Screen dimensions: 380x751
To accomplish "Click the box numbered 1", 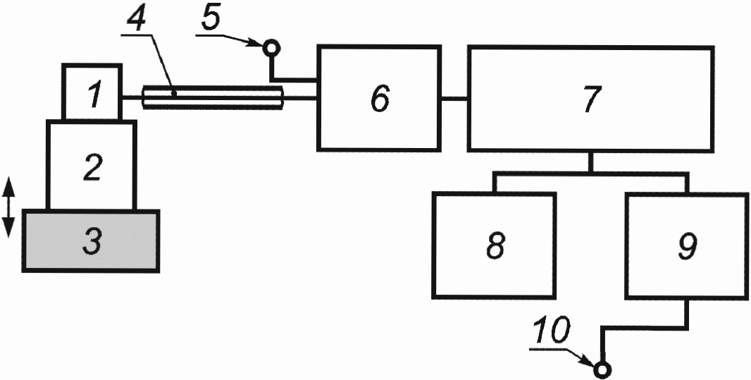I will (92, 92).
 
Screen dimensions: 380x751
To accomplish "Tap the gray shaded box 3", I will (91, 240).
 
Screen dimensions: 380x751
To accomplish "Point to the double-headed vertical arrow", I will (8, 207).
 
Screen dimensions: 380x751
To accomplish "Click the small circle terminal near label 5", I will (271, 48).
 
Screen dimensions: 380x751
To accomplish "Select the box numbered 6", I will (379, 98).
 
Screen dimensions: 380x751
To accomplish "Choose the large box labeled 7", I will (590, 98).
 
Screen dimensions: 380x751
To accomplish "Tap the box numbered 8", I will (493, 244).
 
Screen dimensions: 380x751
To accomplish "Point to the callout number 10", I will (554, 331).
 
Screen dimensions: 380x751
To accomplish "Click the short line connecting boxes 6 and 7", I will (454, 99).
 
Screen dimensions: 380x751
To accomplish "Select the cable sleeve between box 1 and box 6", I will (211, 98).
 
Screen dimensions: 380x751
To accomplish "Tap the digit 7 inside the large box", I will (590, 99).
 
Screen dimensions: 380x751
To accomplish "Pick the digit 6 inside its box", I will (379, 99).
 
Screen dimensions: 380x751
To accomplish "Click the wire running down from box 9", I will (686, 312).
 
